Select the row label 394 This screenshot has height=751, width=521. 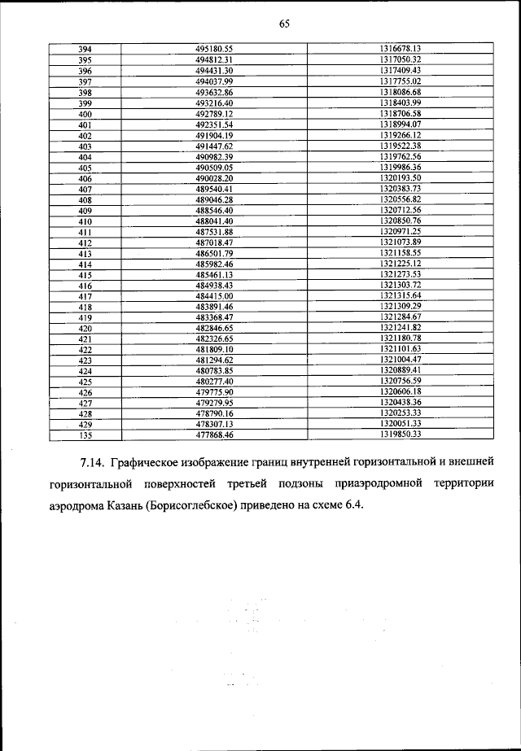click(x=85, y=49)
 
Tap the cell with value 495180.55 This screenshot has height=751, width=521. click(x=215, y=49)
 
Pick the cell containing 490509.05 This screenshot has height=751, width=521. click(x=215, y=167)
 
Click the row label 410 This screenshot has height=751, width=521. click(x=85, y=220)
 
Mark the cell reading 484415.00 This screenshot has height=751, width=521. click(x=215, y=295)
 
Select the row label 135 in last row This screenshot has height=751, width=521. click(x=85, y=434)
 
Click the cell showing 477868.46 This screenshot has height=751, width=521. click(x=215, y=434)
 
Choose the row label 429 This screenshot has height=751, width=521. click(x=85, y=424)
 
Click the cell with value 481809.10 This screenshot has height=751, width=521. click(x=215, y=349)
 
